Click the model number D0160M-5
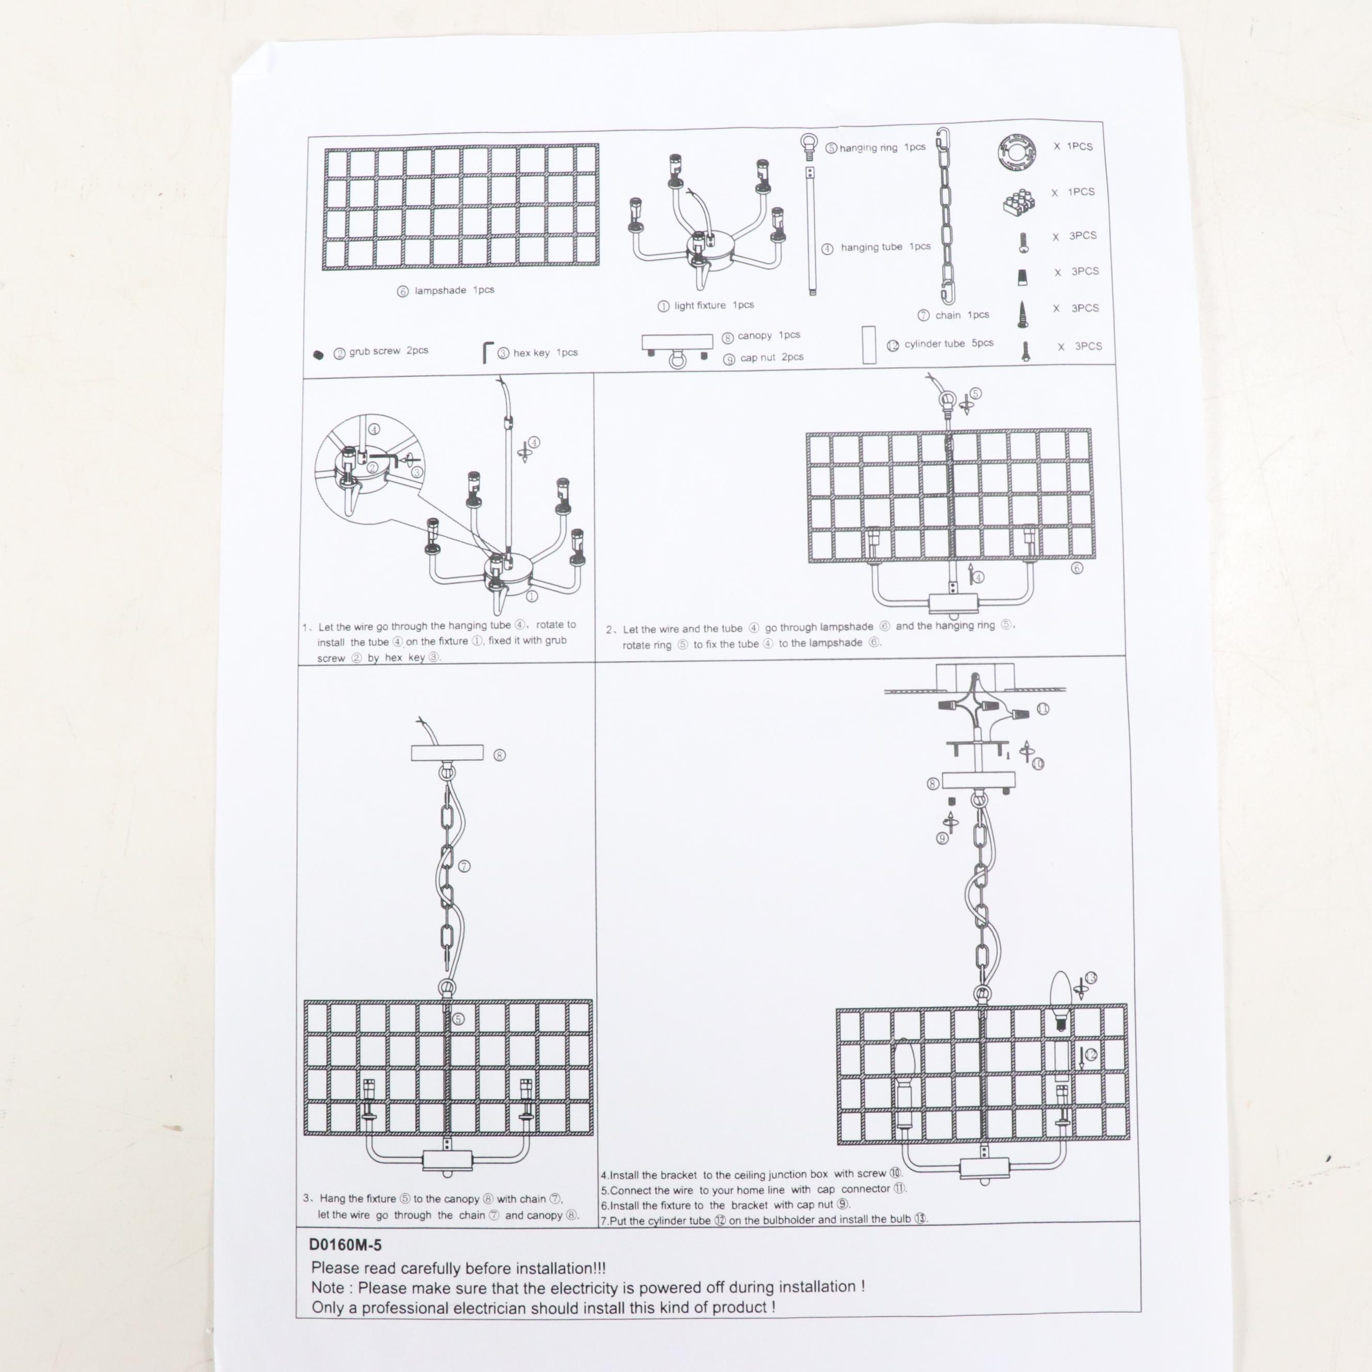[x=345, y=1245]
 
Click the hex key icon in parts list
[x=488, y=352]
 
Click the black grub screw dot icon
[x=318, y=355]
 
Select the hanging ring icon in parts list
[x=809, y=144]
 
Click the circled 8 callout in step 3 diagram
[x=499, y=755]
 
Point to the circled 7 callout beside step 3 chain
[x=464, y=866]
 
